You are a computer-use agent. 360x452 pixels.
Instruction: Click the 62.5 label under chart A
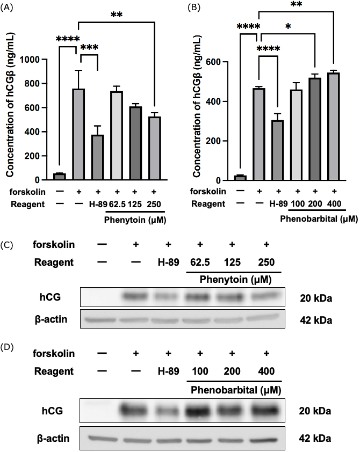(x=117, y=203)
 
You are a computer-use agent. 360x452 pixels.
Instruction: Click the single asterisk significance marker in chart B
(x=289, y=41)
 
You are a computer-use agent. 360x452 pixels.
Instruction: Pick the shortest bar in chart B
(x=240, y=177)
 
